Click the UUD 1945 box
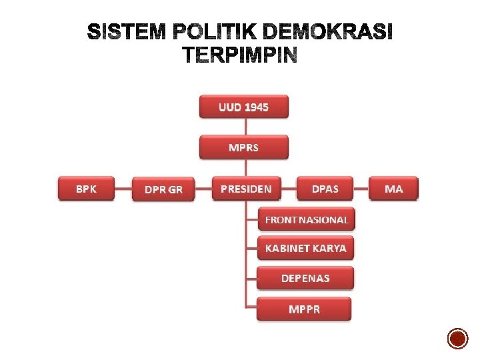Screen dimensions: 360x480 [244, 107]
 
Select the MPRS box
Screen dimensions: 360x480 [244, 147]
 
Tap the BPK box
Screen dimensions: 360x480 [86, 189]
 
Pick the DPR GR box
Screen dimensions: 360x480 [163, 189]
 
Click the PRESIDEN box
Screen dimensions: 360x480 [246, 189]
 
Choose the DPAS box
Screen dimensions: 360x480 [325, 189]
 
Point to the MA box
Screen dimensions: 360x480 [394, 189]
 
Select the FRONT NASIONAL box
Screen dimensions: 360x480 [306, 219]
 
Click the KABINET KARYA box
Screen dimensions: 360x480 [306, 248]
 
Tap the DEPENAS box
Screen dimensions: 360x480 [306, 278]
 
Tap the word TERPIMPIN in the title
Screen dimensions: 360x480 [239, 56]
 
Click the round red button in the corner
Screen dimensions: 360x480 [458, 339]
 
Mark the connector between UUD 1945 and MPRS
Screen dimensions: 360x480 [245, 127]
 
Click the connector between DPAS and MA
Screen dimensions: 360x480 [361, 189]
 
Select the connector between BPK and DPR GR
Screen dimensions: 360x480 [123, 189]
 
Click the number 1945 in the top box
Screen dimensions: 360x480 [257, 107]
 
